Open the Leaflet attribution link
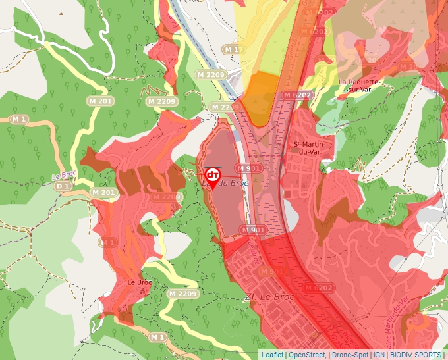(x=272, y=355)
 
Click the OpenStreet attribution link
(x=306, y=355)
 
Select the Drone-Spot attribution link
(x=350, y=355)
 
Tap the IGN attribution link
(x=379, y=355)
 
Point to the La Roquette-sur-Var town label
(x=360, y=86)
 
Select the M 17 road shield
(x=234, y=50)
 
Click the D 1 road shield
(x=63, y=186)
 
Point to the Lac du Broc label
(x=227, y=184)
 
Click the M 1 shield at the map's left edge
(x=18, y=119)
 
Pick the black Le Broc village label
(x=139, y=283)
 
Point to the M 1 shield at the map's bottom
(x=157, y=338)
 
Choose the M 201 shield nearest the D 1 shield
(x=103, y=193)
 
